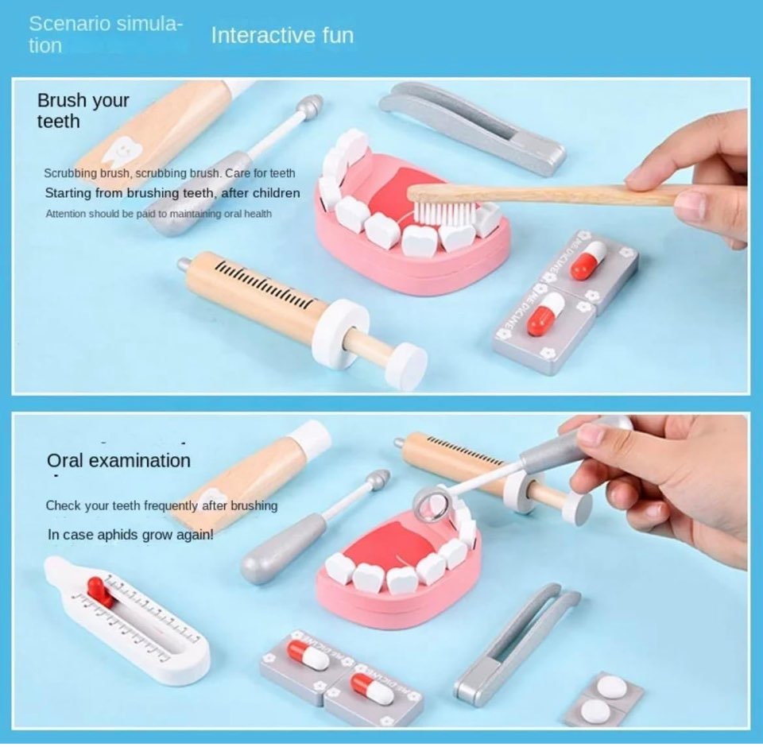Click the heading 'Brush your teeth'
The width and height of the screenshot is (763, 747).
point(83,111)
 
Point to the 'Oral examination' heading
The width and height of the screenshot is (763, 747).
point(118,461)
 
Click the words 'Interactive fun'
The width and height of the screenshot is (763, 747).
point(282,36)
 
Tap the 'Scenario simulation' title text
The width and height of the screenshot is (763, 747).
point(105,34)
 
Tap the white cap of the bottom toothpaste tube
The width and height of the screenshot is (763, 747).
point(310,438)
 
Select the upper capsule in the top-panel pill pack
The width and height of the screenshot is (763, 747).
point(589,261)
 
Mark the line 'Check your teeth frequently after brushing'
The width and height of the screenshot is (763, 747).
point(161,505)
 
